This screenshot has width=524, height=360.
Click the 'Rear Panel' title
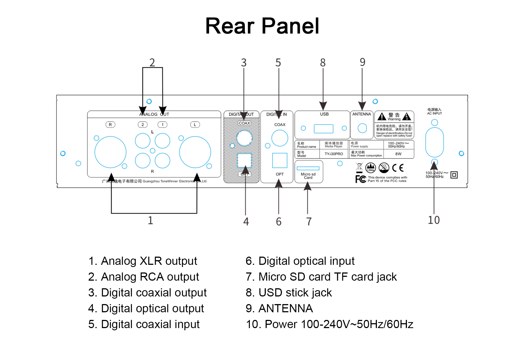coord(262,26)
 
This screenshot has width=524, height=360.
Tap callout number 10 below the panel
coord(434,220)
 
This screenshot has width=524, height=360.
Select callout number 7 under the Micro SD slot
coord(309,221)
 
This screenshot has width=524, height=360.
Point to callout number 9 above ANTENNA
coord(362,62)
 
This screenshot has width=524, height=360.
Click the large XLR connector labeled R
coord(110,152)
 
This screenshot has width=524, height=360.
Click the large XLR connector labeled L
coord(195,152)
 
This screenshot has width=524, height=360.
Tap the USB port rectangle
coord(323,129)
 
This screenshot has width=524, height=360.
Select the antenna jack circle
coord(362,128)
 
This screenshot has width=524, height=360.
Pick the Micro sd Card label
coord(308,176)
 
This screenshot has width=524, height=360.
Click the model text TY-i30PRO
coord(334,154)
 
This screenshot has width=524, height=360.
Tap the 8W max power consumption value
coord(398,154)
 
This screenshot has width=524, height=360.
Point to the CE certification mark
coord(398,168)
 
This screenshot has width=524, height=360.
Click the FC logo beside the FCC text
coord(361,179)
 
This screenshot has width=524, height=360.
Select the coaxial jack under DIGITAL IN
coord(279,138)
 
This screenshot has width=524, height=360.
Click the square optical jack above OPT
coord(279,160)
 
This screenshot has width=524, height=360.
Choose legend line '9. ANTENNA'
coord(279,308)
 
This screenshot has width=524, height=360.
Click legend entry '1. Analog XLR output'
coord(142,261)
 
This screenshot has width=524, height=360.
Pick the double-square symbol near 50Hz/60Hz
coord(454,175)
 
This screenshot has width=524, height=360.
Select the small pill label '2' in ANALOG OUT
coord(142,125)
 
